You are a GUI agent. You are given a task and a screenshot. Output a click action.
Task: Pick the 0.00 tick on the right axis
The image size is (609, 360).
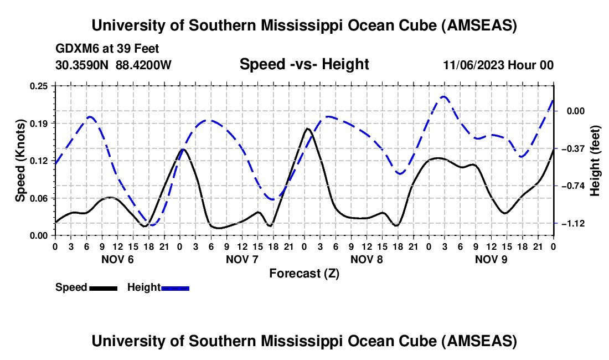(573, 111)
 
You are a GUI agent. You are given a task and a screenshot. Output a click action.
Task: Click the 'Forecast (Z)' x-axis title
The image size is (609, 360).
(304, 273)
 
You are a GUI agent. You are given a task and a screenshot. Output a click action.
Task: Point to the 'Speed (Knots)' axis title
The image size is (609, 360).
(20, 161)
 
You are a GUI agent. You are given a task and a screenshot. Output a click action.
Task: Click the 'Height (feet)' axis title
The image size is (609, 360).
(595, 161)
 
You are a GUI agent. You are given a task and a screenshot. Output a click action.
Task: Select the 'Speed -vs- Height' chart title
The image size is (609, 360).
(304, 64)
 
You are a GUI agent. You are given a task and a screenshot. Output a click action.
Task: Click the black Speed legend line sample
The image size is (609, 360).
(103, 287)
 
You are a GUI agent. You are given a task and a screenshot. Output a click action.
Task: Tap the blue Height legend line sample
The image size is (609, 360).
(176, 287)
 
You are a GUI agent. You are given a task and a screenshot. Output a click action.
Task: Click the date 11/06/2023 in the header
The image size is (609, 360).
(473, 65)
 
